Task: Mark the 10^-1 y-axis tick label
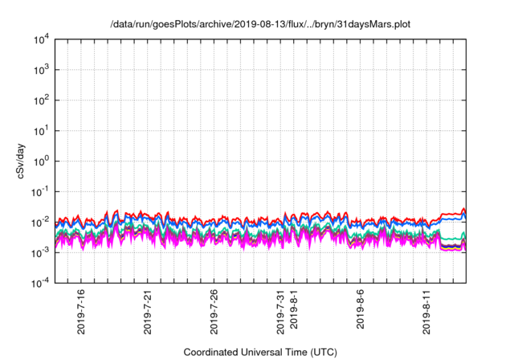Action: click(x=40, y=191)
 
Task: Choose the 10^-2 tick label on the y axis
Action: click(x=40, y=222)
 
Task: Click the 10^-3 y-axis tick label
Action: click(x=40, y=252)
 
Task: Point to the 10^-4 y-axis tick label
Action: click(x=40, y=282)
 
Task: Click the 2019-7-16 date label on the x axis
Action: click(x=81, y=312)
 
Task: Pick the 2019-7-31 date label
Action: click(x=280, y=312)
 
